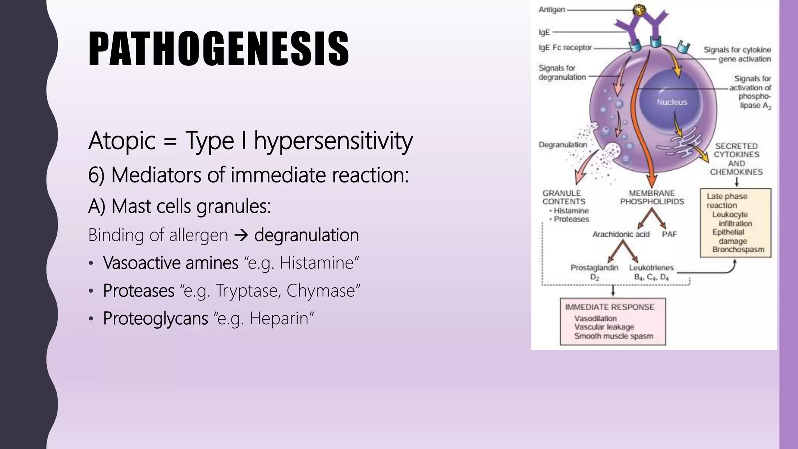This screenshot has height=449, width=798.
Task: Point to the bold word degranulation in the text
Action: [x=306, y=235]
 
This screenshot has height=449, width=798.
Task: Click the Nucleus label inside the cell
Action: [x=672, y=102]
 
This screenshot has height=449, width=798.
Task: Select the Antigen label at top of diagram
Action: [x=552, y=9]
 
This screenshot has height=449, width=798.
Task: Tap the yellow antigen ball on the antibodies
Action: [x=639, y=11]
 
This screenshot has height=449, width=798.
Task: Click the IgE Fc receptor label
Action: [x=565, y=48]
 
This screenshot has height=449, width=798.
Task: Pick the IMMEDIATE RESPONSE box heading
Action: [x=610, y=307]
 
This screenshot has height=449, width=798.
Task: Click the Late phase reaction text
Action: [x=726, y=201]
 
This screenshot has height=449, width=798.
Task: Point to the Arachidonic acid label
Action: [x=621, y=234]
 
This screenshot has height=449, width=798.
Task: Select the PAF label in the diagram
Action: [x=669, y=234]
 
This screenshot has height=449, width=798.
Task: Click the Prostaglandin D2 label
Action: [x=594, y=272]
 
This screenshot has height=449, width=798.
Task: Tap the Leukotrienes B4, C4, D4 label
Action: [x=651, y=272]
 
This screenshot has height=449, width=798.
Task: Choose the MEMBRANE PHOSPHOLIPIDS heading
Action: [x=652, y=197]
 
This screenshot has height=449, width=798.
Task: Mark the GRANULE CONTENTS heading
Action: [x=563, y=197]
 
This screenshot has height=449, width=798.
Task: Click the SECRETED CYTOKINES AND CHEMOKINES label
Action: [x=736, y=159]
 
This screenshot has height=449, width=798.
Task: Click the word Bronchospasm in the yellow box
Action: [x=738, y=249]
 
